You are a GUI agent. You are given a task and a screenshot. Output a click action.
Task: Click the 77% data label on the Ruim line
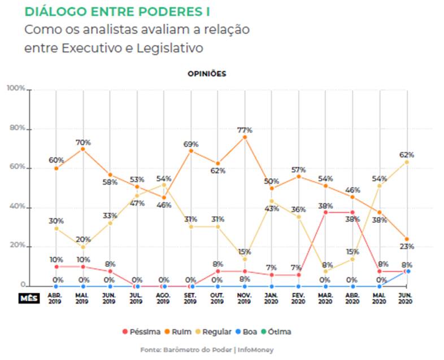pos(245,130)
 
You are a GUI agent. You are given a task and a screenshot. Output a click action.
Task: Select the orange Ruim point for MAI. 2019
pos(83,149)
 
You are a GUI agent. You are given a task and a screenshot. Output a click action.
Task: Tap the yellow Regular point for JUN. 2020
pos(407,162)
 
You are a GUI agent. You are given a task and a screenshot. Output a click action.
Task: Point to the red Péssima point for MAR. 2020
pos(326,212)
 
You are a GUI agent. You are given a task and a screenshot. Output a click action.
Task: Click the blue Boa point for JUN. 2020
pos(408,271)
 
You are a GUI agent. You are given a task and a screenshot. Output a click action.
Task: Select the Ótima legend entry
pos(280,332)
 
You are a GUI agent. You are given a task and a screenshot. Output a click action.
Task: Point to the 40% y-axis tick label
pos(16,207)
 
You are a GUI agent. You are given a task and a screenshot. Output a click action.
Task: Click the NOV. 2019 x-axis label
pos(245,298)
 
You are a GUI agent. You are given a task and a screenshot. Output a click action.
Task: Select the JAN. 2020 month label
pos(272,298)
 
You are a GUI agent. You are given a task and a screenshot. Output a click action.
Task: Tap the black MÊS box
pos(29,298)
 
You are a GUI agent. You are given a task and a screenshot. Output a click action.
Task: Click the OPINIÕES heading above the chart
pos(207,74)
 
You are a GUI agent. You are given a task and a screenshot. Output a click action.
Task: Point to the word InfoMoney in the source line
pos(255,350)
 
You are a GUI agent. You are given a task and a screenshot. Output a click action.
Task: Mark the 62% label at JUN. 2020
pos(407,154)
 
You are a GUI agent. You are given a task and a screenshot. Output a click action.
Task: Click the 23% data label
pos(407,247)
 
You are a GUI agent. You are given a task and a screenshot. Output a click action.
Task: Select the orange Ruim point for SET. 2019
pos(191,151)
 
